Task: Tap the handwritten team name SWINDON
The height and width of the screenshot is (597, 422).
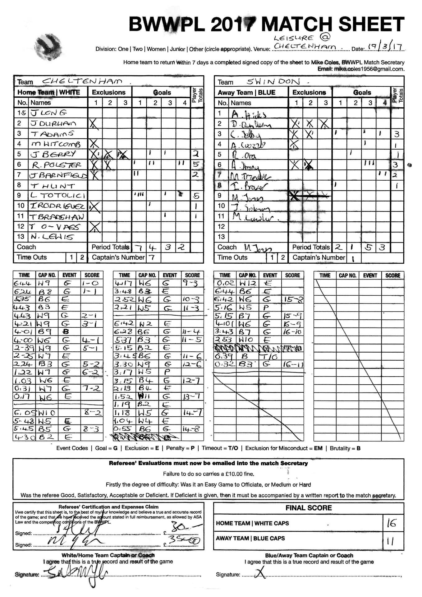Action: (x=273, y=81)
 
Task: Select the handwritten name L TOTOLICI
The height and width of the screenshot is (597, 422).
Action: (x=58, y=196)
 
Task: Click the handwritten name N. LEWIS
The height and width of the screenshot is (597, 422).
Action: (x=52, y=237)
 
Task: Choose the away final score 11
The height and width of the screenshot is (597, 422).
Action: (x=390, y=541)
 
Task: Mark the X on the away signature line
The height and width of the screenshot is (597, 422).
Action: (x=260, y=572)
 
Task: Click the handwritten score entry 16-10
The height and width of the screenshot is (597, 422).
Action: (x=292, y=331)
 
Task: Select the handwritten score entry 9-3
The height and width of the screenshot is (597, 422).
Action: (x=190, y=283)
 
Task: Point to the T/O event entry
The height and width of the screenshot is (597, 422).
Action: (x=269, y=356)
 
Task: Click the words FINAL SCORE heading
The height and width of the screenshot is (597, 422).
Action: (x=308, y=508)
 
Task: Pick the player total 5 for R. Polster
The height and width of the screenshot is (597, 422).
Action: (x=196, y=164)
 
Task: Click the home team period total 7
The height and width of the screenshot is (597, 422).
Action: (x=139, y=248)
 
